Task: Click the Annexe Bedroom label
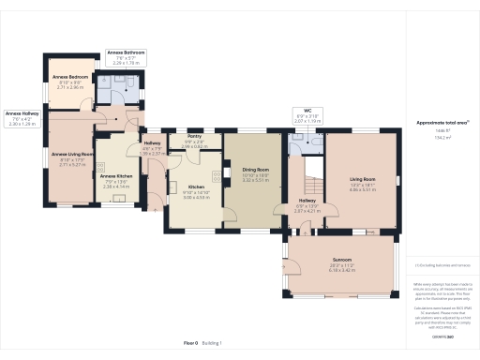pyautogui.click(x=71, y=76)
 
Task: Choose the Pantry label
pyautogui.click(x=194, y=137)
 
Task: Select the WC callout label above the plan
pyautogui.click(x=307, y=112)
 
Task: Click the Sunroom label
pyautogui.click(x=341, y=259)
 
